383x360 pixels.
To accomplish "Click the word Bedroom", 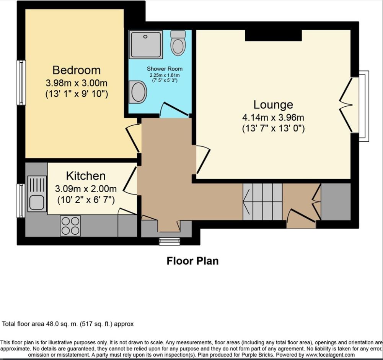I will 76,70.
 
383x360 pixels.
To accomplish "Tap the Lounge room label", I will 273,105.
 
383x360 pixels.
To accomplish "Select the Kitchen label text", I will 86,176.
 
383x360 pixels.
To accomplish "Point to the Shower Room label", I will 165,69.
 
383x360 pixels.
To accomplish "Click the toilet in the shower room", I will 178,43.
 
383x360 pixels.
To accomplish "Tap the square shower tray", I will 146,44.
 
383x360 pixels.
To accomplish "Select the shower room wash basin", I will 138,92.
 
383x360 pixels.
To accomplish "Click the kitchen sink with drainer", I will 37,193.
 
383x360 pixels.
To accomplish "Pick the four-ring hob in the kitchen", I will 70,225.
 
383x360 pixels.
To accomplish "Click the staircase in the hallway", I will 262,201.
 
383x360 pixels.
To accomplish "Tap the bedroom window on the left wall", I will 21,82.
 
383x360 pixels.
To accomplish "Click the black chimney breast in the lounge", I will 273,35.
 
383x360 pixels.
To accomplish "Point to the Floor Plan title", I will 192,261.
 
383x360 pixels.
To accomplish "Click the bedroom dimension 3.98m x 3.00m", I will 76,83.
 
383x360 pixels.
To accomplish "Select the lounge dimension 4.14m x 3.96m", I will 273,117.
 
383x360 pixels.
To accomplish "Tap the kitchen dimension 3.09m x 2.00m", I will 86,188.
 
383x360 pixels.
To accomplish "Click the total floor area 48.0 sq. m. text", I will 68,324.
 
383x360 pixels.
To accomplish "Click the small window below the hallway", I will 166,241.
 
